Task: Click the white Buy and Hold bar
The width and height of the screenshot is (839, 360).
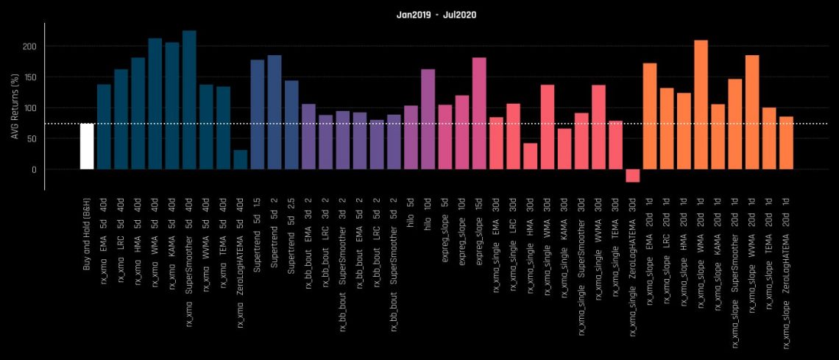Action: click(87, 147)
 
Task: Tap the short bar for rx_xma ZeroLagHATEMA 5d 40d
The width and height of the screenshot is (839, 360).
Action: click(240, 160)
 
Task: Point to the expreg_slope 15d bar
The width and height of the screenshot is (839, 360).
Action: click(479, 113)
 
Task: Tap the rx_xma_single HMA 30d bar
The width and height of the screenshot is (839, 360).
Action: click(531, 156)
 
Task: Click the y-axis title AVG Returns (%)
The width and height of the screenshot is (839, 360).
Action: click(14, 107)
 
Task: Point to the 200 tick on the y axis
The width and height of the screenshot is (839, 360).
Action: click(31, 46)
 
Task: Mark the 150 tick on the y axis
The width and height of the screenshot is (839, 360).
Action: click(31, 77)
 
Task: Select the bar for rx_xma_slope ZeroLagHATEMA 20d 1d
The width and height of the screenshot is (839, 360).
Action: click(786, 143)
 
